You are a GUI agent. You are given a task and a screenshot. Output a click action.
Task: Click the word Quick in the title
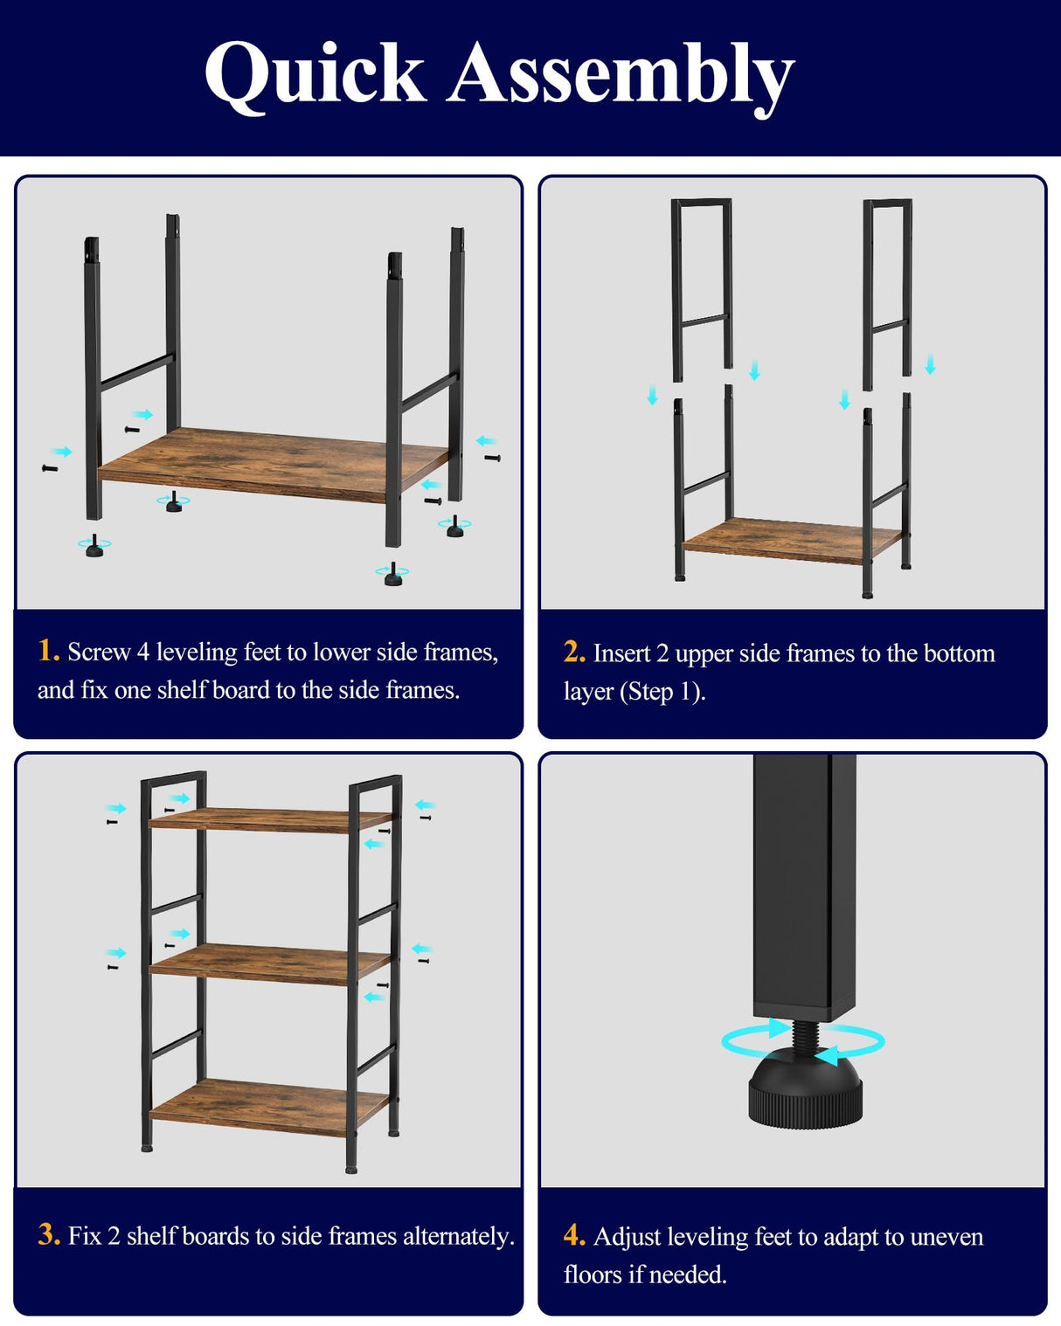315,76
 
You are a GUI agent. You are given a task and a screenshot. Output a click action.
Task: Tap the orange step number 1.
48,651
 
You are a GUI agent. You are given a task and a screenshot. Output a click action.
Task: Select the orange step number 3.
49,1234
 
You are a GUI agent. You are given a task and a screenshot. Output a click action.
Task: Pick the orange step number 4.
574,1235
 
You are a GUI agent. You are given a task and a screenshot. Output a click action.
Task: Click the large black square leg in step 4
804,882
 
